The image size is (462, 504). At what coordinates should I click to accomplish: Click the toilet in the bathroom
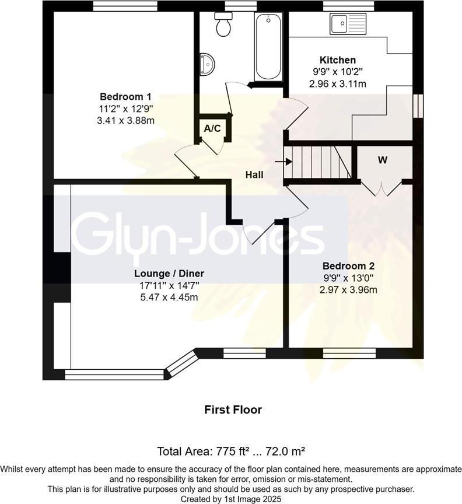pos(223,24)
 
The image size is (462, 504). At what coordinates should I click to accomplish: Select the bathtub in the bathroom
pos(268,47)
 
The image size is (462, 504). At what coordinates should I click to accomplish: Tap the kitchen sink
pos(348,24)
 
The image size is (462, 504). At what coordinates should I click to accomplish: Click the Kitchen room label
pos(337,60)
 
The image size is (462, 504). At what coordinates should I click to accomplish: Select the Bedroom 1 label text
pos(125,97)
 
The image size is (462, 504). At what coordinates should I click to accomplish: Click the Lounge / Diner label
pos(169,274)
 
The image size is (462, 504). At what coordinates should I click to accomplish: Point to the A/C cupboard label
pos(212,128)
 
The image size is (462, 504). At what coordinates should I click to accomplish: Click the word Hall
pos(254,174)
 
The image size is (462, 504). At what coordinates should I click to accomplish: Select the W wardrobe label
pos(383,160)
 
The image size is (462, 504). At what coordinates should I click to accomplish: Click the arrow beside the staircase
pos(288,162)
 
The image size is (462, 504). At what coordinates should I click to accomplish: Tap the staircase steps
pos(318,162)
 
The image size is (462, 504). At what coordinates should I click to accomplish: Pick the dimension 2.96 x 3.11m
pos(337,84)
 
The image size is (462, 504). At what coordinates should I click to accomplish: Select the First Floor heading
pos(233,409)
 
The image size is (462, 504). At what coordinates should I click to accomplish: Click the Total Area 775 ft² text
pos(232,451)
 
